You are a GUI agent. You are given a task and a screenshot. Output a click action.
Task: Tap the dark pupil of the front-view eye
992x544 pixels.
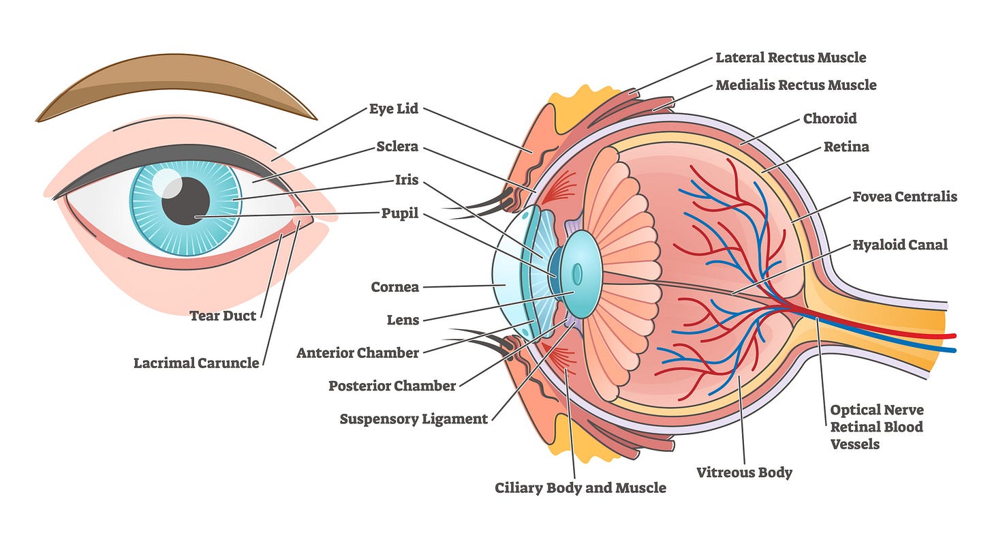click(185, 201)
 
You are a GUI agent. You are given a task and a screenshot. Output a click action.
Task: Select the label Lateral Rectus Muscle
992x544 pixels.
click(791, 57)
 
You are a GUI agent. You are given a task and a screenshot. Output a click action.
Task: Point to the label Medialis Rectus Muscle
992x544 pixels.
click(796, 85)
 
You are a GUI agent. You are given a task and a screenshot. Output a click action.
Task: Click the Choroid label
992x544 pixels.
click(830, 119)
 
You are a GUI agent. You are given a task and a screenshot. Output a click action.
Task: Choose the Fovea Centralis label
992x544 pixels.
click(905, 197)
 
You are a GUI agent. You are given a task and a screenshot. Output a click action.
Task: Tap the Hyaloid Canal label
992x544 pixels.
click(900, 245)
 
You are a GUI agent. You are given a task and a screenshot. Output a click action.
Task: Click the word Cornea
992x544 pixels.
click(394, 287)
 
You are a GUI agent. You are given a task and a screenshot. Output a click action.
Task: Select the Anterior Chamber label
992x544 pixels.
click(358, 353)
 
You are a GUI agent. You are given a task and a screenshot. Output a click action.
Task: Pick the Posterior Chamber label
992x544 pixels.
click(392, 386)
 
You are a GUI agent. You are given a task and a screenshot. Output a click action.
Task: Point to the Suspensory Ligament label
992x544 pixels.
click(414, 419)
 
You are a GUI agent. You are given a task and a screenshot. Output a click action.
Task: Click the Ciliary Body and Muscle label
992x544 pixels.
click(580, 487)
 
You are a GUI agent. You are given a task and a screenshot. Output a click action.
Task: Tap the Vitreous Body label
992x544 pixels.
click(745, 472)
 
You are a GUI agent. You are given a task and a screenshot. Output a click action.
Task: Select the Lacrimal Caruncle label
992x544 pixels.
click(196, 363)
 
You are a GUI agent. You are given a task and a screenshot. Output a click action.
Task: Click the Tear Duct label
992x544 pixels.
click(223, 316)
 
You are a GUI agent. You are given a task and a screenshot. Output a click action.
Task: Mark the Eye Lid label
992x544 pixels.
click(394, 109)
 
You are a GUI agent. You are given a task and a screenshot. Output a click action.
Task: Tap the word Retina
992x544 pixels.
click(846, 147)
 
